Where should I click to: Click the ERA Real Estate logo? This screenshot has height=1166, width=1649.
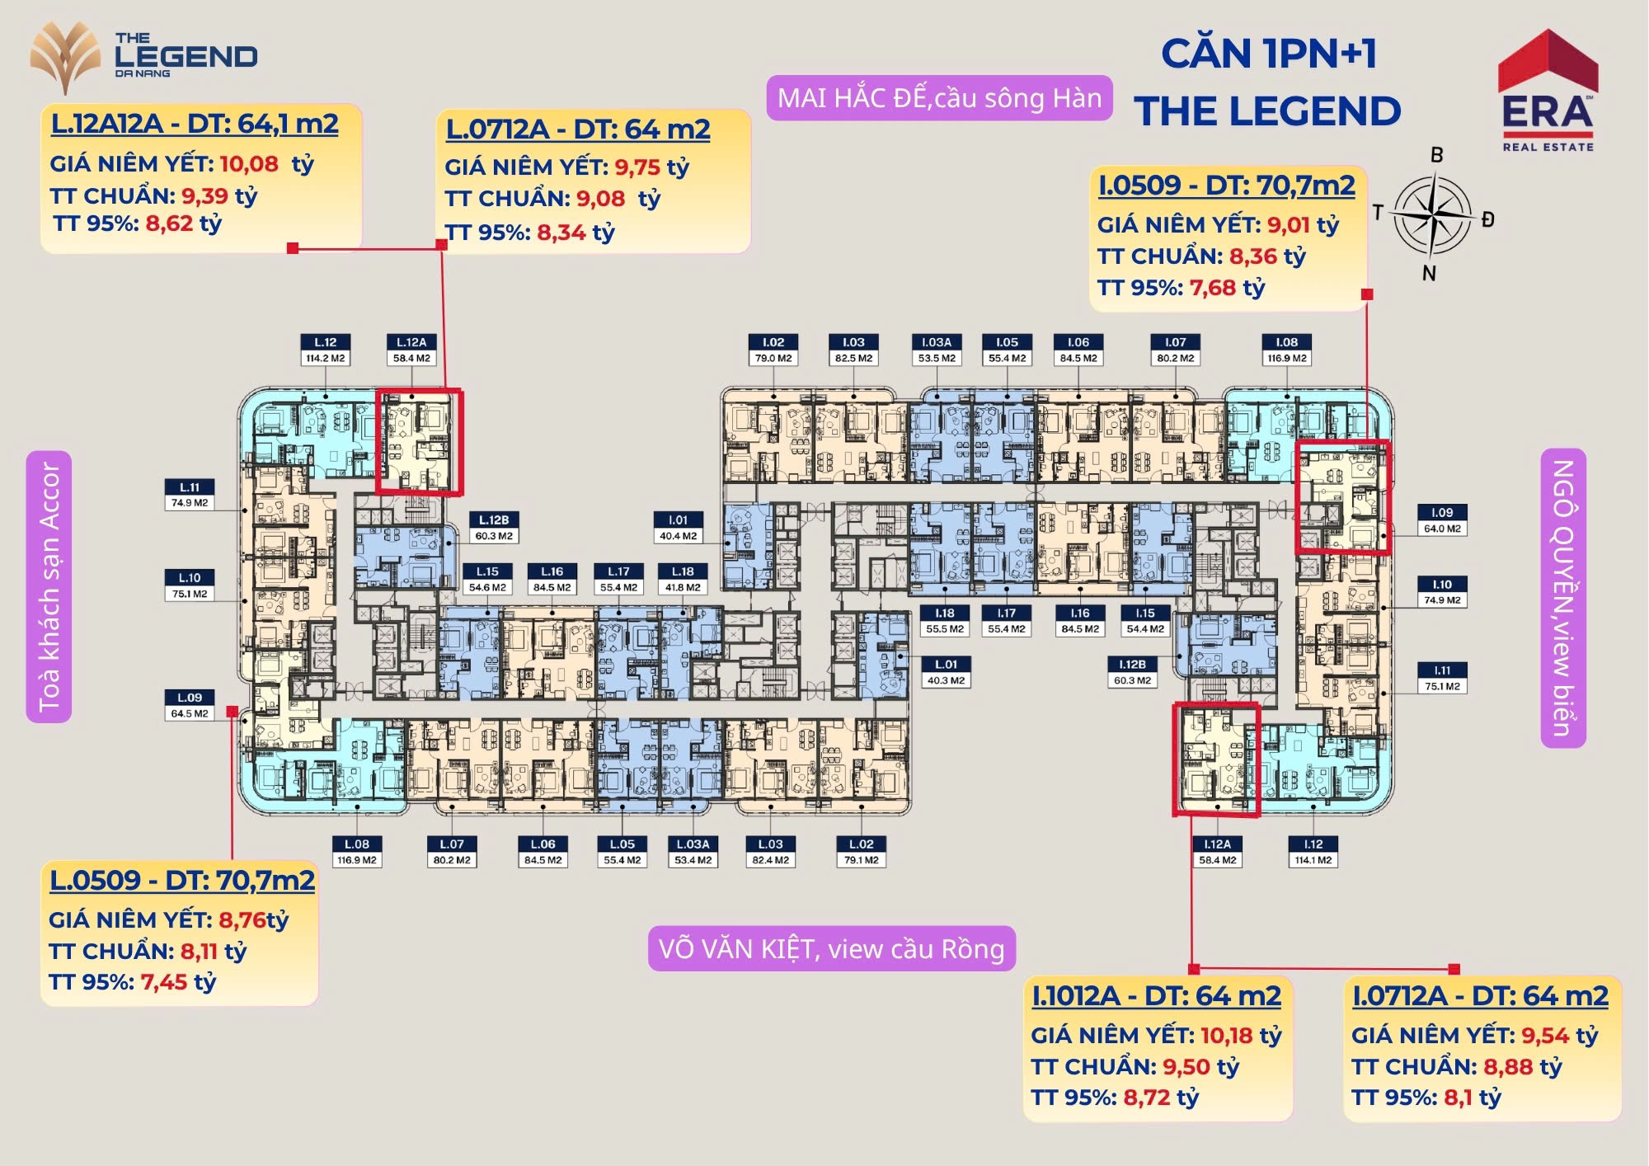click(1548, 91)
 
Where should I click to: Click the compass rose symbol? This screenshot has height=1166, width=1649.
click(1433, 214)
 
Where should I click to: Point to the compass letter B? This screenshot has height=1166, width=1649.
click(1437, 154)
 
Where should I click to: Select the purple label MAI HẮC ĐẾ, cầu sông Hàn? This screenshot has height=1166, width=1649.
click(939, 98)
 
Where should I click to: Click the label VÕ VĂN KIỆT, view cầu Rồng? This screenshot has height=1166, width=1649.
click(831, 948)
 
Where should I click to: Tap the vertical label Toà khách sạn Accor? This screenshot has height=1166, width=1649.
click(49, 586)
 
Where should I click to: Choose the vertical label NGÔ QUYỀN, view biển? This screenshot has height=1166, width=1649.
click(1563, 598)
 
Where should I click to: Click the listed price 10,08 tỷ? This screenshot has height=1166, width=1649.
click(266, 163)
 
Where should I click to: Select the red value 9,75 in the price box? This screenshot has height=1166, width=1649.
click(637, 167)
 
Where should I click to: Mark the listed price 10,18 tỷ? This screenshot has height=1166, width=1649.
click(1241, 1035)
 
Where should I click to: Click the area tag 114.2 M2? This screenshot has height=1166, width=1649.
click(326, 358)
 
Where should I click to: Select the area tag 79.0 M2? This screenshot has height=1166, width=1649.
click(773, 358)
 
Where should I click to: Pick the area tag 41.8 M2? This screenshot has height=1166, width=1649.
click(683, 587)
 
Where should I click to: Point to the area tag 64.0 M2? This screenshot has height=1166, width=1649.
click(1442, 529)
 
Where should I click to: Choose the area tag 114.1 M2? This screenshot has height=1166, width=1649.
click(1313, 860)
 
